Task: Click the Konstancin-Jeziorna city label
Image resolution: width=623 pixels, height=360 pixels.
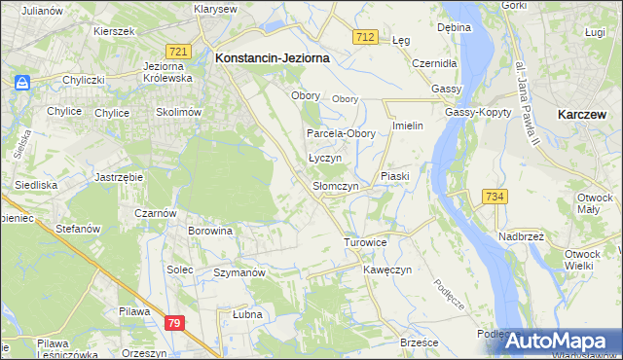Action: coord(272,58)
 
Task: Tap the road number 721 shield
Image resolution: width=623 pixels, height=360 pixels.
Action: coord(177,52)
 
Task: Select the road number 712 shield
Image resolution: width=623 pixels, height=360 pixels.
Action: coord(365,37)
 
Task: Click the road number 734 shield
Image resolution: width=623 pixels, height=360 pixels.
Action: coord(495,197)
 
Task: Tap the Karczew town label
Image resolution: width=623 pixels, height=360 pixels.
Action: coord(584,114)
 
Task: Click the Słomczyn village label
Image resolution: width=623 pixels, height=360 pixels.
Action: coord(336,185)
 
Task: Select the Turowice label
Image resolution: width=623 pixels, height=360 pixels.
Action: coord(366,241)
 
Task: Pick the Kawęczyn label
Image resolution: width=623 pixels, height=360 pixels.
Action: coord(388,269)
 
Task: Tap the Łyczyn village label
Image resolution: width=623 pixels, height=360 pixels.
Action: coord(324,158)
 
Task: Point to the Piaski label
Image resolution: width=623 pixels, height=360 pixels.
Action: coord(396,176)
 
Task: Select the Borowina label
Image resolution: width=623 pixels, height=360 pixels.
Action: coord(211,232)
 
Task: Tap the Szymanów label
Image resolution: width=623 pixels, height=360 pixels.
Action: coord(239,273)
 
